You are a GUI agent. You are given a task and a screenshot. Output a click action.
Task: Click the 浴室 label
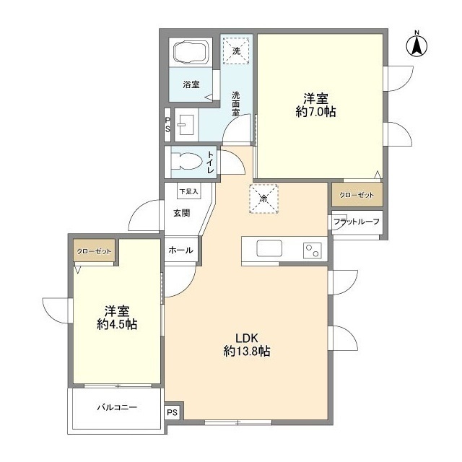click(x=190, y=85)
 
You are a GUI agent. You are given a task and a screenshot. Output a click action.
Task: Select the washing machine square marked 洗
click(x=236, y=50)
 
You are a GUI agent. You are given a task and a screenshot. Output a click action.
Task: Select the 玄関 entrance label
click(x=182, y=213)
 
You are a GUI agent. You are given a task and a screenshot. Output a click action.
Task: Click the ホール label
click(x=180, y=250)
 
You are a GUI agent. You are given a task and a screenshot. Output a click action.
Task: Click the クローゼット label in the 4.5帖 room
click(x=95, y=251)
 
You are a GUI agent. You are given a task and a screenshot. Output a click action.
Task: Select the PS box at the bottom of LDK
click(x=172, y=411)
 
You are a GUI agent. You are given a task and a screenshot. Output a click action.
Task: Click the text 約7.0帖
click(x=315, y=112)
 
